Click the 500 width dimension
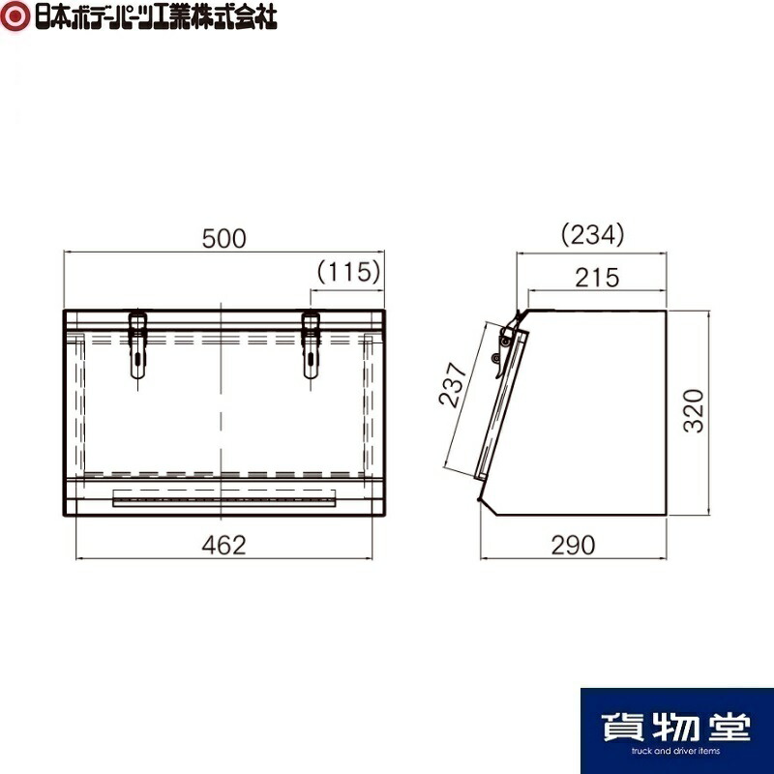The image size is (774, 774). (224, 238)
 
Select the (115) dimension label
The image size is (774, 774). (345, 273)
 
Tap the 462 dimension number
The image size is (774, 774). (224, 545)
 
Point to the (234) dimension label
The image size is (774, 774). (592, 235)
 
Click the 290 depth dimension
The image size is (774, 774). (574, 545)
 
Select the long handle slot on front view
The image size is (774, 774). (224, 498)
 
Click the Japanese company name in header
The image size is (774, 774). (154, 16)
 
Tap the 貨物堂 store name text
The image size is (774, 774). (676, 724)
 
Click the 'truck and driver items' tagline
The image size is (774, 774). (676, 751)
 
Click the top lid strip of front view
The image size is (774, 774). (224, 320)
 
